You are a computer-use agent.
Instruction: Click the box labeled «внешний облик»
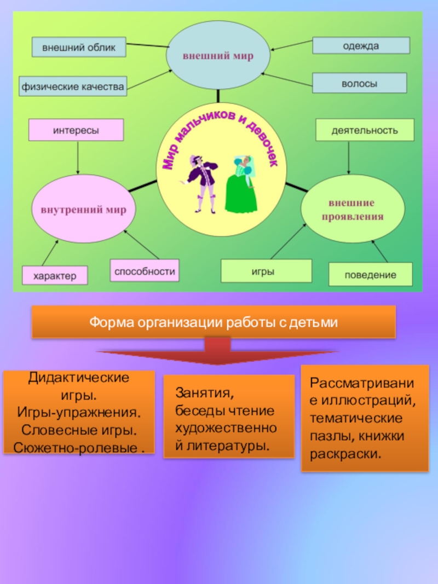pos(79,47)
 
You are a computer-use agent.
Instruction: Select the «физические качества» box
pos(73,86)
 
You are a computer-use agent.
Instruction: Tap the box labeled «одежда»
pos(361,46)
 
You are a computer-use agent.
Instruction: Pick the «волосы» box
pos(359,83)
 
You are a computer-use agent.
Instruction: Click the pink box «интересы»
pos(76,131)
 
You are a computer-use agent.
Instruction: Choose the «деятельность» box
pos(365,130)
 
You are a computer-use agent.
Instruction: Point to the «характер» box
pos(55,275)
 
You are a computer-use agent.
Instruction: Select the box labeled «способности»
pos(145,271)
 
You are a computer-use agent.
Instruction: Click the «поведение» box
pos(370,274)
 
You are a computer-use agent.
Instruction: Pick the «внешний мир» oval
pos(218,56)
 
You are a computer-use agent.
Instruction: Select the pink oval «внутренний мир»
pos(83,209)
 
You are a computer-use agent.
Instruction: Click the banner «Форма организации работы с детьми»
pos(214,322)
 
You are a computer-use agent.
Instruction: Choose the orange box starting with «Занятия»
pos(228,417)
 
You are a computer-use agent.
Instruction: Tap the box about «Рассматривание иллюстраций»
pos(365,418)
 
